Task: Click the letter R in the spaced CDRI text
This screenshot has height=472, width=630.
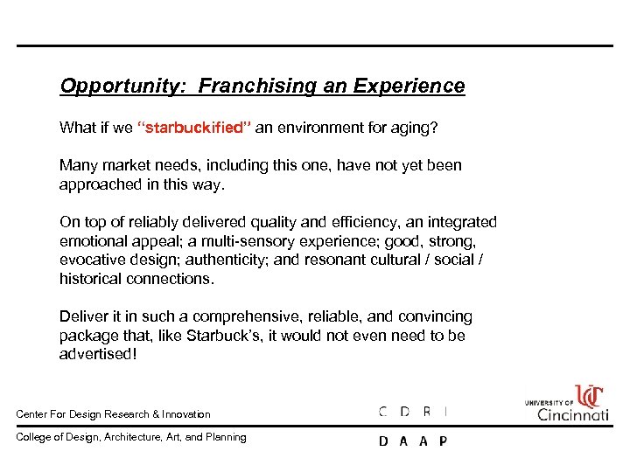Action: [x=426, y=411]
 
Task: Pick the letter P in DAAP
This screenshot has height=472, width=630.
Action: [x=443, y=441]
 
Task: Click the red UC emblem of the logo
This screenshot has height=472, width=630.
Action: [x=590, y=395]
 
